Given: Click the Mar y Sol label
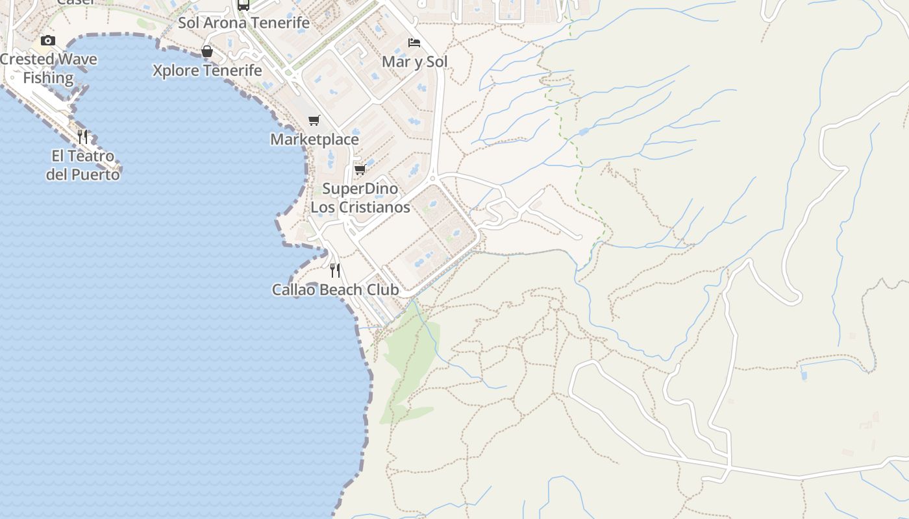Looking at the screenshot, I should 414,62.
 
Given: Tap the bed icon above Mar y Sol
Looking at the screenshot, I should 414,43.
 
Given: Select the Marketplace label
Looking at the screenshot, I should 314,139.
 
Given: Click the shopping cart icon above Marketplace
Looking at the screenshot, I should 314,120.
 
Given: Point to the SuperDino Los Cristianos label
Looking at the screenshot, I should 360,198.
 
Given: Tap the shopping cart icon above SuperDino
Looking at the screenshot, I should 360,169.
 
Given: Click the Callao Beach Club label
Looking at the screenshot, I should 335,290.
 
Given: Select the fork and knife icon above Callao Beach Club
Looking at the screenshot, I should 335,270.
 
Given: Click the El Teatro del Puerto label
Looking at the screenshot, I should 82,165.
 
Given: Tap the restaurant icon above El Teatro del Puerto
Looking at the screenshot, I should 82,136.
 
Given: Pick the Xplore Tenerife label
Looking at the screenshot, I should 207,71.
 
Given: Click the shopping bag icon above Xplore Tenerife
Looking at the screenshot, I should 207,51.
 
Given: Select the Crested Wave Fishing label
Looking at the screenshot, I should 48,68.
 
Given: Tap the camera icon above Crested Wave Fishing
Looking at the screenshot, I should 48,40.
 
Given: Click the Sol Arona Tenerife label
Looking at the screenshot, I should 243,23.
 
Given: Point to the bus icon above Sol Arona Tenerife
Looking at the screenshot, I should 243,5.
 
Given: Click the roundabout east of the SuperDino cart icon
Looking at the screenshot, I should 432,177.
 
